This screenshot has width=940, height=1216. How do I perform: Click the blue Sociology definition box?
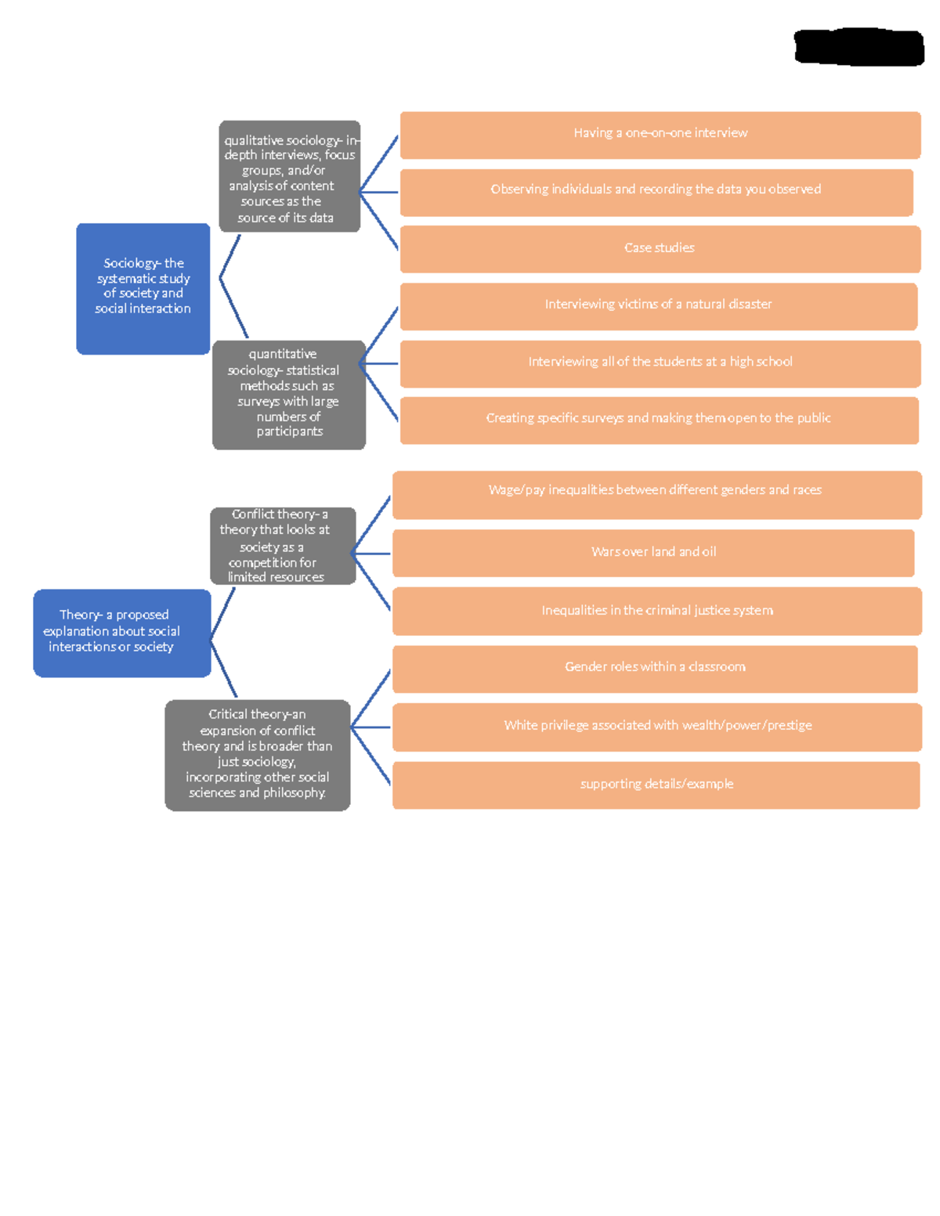143,288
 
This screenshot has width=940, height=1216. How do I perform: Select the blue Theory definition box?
121,633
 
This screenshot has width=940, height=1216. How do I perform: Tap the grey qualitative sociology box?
289,176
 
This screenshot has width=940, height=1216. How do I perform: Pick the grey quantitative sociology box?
288,395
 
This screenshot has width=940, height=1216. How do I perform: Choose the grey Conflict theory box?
283,546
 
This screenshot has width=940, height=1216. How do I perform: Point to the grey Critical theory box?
257,755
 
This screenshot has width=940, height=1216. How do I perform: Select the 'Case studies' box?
660,249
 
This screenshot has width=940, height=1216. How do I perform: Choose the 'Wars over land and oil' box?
653,553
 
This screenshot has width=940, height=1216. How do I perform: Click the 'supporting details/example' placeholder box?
656,785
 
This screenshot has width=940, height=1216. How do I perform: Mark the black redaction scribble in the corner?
859,47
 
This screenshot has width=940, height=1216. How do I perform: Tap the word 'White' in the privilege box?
520,725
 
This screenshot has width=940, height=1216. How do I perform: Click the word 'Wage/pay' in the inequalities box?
516,490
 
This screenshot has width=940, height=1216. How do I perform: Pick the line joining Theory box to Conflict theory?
223,613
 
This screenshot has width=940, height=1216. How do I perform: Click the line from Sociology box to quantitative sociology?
233,307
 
